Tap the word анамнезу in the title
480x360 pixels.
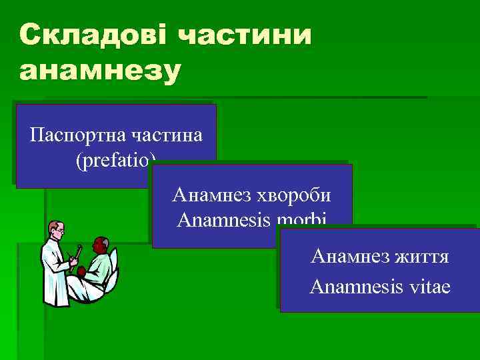100,71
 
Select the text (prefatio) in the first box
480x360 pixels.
116,160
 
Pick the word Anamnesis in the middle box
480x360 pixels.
223,219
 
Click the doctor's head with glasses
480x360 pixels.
57,231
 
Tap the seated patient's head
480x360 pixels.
101,245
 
